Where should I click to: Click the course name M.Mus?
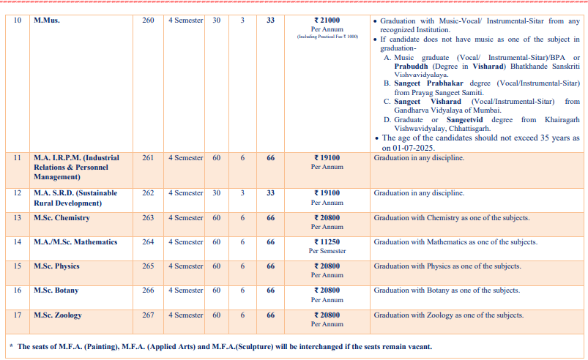[x=47, y=20]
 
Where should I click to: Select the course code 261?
[x=148, y=157]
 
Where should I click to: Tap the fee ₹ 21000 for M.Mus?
[x=326, y=20]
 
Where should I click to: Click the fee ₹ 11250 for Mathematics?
[x=327, y=242]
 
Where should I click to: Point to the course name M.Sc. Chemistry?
[x=62, y=218]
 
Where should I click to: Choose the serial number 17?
[x=18, y=315]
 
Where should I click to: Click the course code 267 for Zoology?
[x=148, y=315]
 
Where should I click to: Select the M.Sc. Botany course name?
[x=56, y=290]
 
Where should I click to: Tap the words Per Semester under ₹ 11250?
[x=327, y=251]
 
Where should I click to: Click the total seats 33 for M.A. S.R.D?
[x=270, y=193]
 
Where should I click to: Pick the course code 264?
[x=148, y=242]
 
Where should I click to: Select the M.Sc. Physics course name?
[x=56, y=266]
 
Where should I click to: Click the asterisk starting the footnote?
[x=10, y=347]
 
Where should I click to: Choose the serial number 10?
[x=18, y=20]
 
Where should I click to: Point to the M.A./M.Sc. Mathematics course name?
[x=72, y=242]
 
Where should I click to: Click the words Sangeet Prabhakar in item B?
[x=431, y=83]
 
